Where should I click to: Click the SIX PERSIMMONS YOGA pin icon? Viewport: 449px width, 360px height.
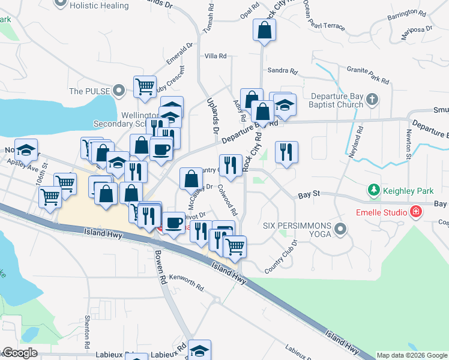point(341,229)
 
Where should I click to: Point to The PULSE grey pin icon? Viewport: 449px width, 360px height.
point(119,91)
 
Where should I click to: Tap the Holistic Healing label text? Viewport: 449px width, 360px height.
point(99,5)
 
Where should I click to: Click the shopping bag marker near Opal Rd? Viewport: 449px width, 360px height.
point(264,29)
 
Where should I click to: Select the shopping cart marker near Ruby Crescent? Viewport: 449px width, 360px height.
point(145,87)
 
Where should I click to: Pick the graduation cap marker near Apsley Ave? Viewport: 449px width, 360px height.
point(26,149)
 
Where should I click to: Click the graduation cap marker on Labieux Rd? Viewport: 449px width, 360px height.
point(199,350)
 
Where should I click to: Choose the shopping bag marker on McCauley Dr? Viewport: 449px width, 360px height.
point(191,178)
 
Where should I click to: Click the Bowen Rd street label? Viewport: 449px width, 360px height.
point(160,267)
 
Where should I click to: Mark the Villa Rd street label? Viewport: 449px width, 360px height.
point(215,56)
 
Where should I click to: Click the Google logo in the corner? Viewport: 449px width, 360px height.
point(19,353)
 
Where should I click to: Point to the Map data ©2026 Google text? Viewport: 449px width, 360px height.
point(412,355)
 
